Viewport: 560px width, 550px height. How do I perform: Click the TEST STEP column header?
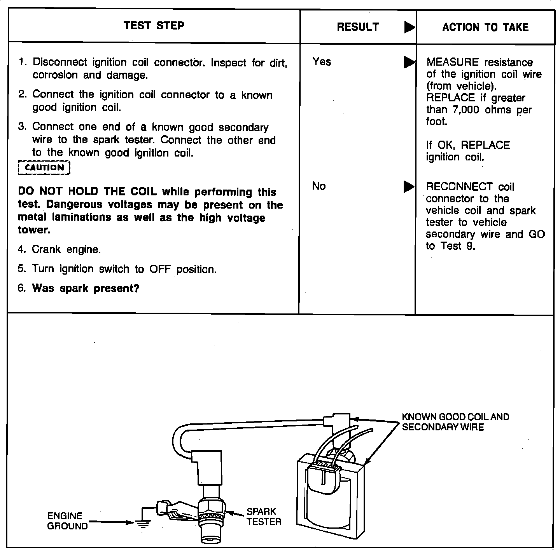154,26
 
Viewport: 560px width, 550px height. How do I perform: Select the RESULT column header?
358,27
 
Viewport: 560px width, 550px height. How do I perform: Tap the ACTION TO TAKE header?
485,27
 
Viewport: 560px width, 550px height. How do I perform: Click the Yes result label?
322,61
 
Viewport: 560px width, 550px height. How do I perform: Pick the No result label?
318,186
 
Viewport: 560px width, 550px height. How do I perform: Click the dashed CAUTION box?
44,168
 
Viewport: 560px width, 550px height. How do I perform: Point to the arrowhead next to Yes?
409,62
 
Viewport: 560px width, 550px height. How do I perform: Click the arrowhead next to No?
409,187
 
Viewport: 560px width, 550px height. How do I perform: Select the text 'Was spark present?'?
86,288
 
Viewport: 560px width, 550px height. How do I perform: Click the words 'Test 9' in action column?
458,246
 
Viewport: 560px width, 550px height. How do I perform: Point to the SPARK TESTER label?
264,517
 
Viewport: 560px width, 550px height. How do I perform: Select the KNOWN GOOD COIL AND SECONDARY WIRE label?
455,422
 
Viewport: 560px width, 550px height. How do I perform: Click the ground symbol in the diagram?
143,524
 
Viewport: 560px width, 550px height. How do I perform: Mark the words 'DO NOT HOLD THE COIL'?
87,192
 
